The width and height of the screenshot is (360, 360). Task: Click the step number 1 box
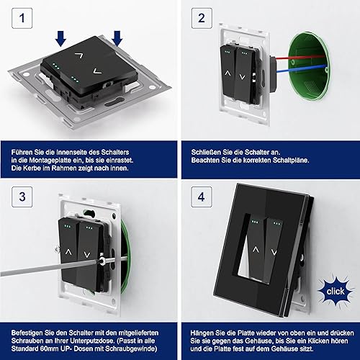pos(22,18)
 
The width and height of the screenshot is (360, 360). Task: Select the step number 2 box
pos(202,18)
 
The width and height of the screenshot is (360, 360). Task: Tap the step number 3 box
pos(22,197)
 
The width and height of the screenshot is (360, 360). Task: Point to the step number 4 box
pos(202,197)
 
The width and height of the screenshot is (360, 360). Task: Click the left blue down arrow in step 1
pos(61,38)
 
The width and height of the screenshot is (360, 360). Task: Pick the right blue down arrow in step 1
pos(117,38)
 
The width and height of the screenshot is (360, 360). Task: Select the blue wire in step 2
pos(301,69)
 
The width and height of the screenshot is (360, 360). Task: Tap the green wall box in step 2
pos(309,63)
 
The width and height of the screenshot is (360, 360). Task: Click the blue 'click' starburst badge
pos(336,292)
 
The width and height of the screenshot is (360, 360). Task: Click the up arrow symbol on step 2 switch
pos(228,73)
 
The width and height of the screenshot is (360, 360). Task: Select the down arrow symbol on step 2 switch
pos(242,77)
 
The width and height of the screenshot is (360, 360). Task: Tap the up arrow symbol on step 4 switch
pos(256,250)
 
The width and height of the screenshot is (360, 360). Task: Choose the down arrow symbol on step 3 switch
pos(87,255)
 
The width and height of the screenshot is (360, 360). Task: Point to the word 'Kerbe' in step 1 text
pos(32,168)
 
